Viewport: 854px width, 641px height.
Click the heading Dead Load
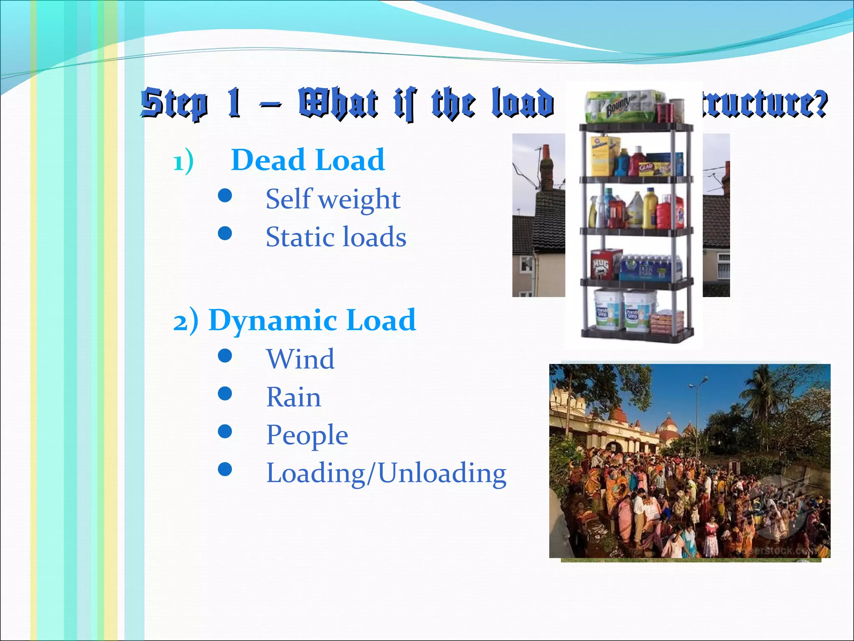tap(308, 160)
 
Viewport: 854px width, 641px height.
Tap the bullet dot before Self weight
tap(225, 195)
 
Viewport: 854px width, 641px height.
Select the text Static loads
tap(336, 237)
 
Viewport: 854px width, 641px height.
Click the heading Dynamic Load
tap(312, 320)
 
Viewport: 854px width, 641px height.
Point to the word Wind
tap(300, 359)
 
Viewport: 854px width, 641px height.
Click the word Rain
tap(294, 397)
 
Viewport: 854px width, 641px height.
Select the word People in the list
tap(307, 435)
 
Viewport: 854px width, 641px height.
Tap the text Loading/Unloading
tap(386, 473)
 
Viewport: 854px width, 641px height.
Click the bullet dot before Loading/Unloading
tap(225, 469)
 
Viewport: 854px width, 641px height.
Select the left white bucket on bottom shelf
tap(607, 310)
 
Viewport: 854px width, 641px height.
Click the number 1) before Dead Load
tap(183, 162)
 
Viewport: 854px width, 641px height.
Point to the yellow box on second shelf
tap(603, 156)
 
